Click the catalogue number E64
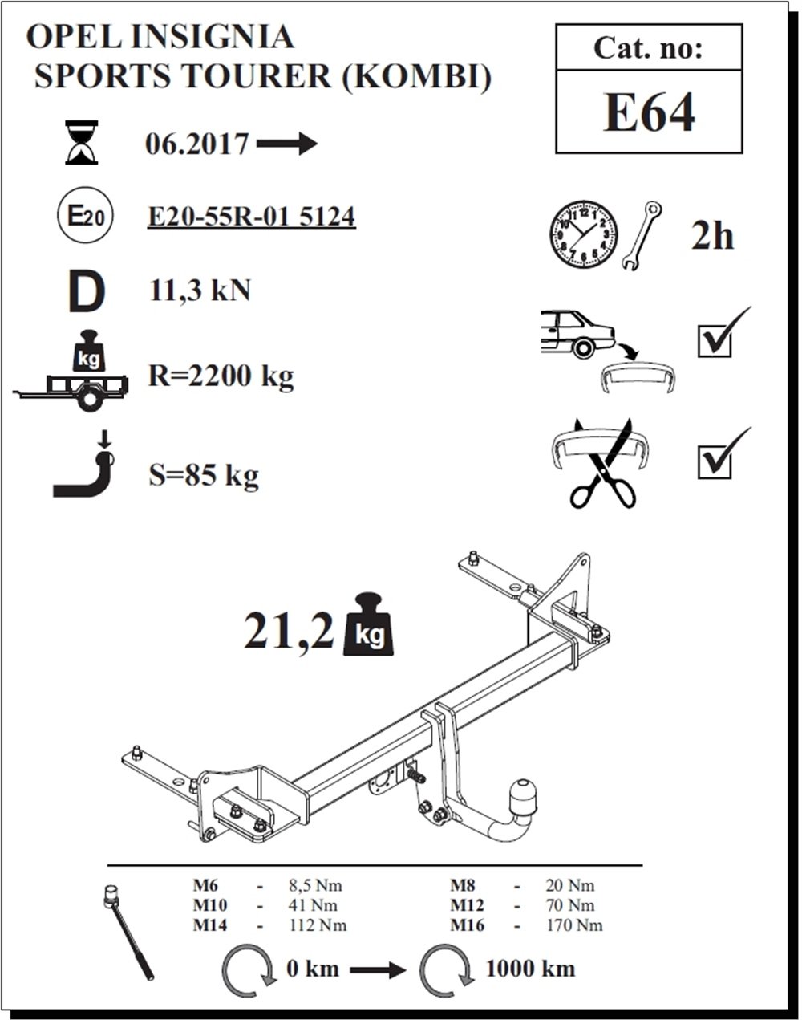click(649, 113)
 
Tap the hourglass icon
click(82, 142)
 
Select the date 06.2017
click(196, 144)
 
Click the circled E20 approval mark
click(85, 215)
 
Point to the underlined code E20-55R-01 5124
click(252, 217)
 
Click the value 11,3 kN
click(200, 290)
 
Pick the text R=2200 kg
click(221, 377)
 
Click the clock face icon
click(583, 236)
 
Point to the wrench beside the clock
click(642, 236)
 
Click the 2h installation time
click(712, 236)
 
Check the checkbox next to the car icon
click(715, 339)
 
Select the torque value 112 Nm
click(318, 925)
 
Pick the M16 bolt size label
click(467, 925)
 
